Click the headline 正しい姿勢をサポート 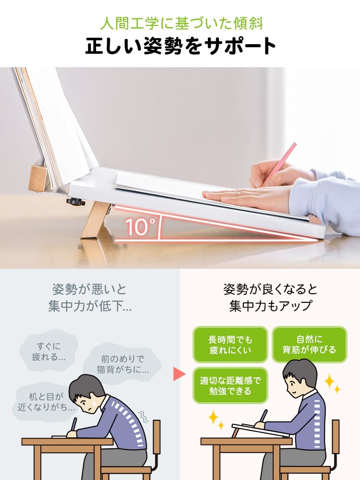coord(180,46)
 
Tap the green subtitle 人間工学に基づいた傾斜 coord(180,23)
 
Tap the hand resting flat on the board coord(235,193)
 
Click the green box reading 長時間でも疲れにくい coord(230,345)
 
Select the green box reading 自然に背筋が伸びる coord(309,345)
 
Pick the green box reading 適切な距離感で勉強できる coord(230,385)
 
